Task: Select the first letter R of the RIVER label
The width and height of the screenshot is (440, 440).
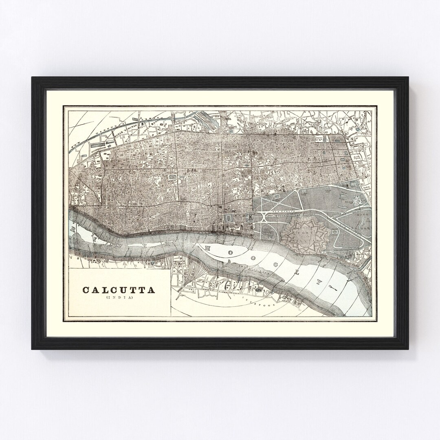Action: (x=74, y=229)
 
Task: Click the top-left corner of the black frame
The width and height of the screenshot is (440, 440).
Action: (x=33, y=78)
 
